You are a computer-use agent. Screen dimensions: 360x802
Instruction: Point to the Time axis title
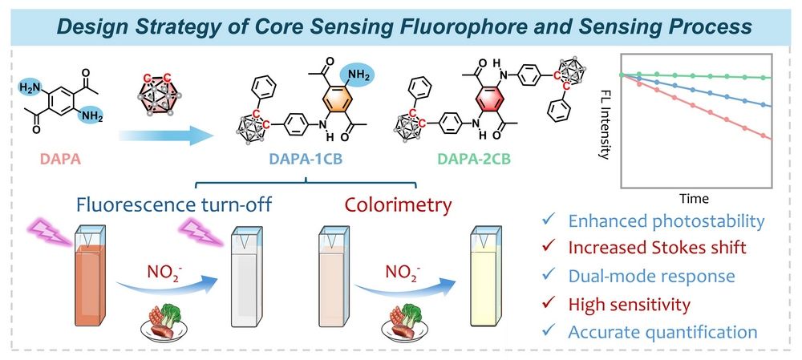pos(691,197)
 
